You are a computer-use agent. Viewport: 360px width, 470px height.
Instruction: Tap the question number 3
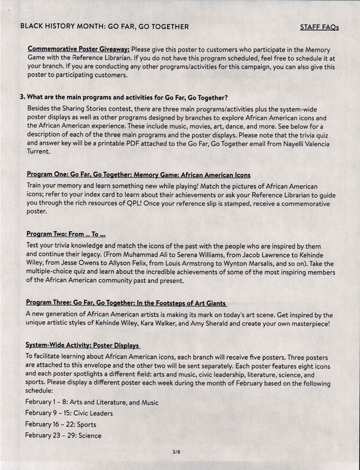point(22,97)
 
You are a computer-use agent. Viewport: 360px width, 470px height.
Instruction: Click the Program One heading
point(138,175)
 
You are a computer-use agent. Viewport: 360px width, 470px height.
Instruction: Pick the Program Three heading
point(126,303)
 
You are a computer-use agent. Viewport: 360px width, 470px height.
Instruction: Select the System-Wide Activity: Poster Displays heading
point(83,345)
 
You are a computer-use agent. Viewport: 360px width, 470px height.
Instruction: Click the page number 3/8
point(176,452)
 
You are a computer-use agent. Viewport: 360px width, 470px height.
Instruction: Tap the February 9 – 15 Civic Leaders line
point(69,413)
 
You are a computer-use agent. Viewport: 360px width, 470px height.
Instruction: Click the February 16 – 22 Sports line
point(61,425)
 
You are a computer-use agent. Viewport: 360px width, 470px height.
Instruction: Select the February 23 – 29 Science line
point(64,436)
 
